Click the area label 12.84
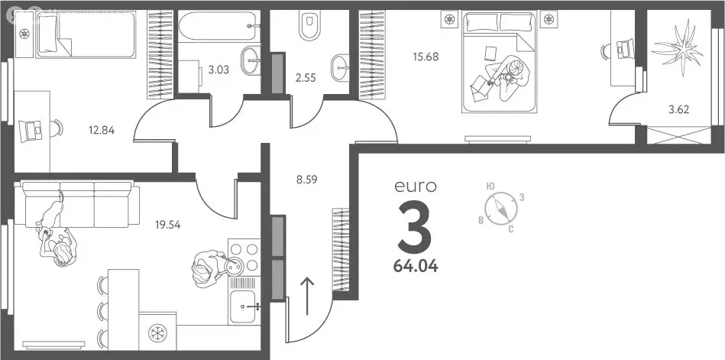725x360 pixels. point(102,130)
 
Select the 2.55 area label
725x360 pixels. point(306,77)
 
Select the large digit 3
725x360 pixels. point(415,227)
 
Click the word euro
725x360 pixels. point(415,186)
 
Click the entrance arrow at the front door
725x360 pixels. point(307,296)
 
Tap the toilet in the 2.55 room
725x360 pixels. point(309,25)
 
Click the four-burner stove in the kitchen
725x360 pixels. point(244,258)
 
